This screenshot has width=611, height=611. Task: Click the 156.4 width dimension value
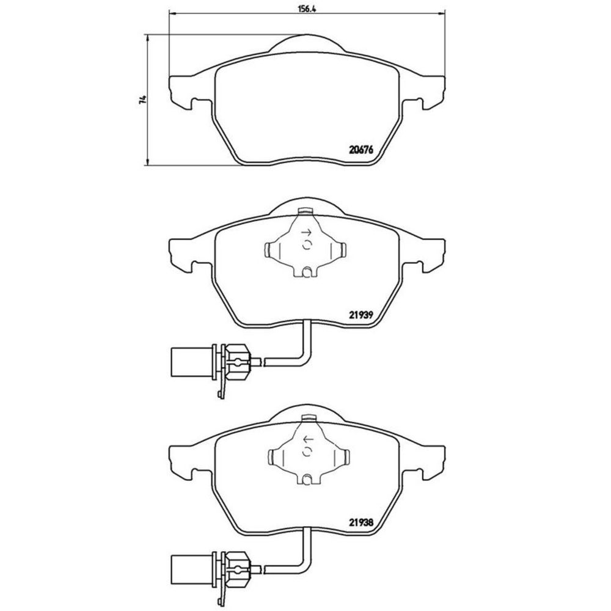[x=306, y=9]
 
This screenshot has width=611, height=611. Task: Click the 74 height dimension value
[x=144, y=99]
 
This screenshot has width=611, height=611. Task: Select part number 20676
[x=361, y=150]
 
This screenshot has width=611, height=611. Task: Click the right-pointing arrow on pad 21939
[x=307, y=233]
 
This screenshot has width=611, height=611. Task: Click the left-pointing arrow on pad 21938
[x=308, y=440]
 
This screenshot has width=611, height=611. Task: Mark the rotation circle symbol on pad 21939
[x=307, y=245]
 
